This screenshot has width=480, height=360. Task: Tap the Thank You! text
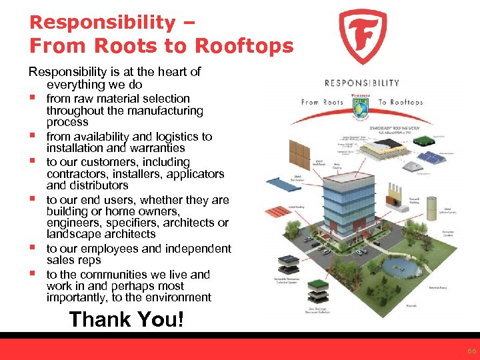126,319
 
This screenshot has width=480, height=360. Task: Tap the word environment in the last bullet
172,297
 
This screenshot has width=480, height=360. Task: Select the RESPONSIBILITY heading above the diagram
361,83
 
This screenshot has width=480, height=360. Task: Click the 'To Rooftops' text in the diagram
401,102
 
